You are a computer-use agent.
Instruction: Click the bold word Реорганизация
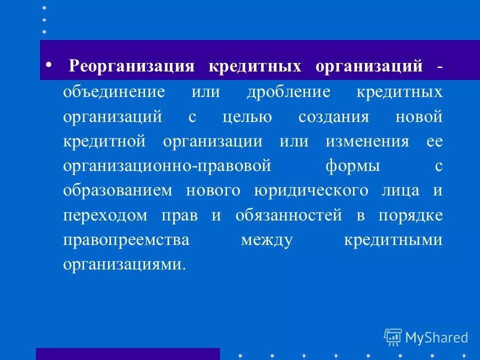pos(131,67)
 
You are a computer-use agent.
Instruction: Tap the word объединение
pos(114,92)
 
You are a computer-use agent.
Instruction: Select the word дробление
pos(288,92)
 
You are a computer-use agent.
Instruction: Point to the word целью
pos(247,117)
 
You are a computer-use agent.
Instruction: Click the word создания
pos(333,117)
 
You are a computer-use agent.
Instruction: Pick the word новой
pos(418,117)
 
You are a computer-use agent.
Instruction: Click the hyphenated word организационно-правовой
pos(167,166)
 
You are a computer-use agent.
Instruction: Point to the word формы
pos(353,166)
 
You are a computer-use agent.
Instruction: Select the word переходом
pos(105,215)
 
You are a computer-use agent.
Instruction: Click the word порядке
pos(410,215)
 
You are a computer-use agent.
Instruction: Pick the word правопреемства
pos(126,239)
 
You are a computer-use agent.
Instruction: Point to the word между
pos(266,239)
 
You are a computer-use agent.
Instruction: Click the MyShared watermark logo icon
pos(393,337)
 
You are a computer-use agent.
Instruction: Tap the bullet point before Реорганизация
pos(48,65)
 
